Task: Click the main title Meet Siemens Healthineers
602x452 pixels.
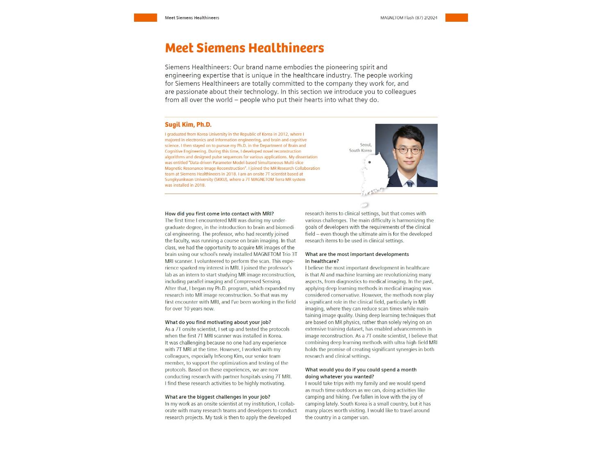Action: [x=244, y=48]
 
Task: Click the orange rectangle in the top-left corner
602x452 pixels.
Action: [x=145, y=18]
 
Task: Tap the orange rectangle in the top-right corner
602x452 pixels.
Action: [x=456, y=18]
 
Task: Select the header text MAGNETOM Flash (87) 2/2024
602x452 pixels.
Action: [x=408, y=18]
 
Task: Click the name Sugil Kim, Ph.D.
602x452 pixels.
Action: [x=188, y=125]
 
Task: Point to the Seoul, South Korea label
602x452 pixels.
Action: [x=361, y=148]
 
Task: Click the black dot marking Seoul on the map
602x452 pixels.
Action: [x=369, y=162]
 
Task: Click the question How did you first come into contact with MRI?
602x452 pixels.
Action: [x=219, y=214]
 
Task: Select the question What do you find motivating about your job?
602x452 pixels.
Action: [x=218, y=322]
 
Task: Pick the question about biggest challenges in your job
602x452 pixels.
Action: [x=217, y=397]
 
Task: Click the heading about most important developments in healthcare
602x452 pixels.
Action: [x=357, y=258]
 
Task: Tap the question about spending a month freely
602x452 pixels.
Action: [x=360, y=373]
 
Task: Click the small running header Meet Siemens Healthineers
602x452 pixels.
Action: [x=192, y=18]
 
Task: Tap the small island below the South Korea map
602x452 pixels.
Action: [x=364, y=205]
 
